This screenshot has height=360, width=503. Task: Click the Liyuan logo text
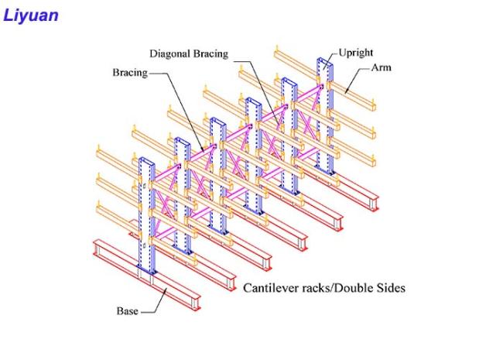coord(31,16)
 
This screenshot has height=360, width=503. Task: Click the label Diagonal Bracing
coord(189,53)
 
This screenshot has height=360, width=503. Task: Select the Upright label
coord(356,53)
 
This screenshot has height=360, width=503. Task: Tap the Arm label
coord(381,67)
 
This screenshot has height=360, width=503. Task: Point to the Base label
coord(128,311)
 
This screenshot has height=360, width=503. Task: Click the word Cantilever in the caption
coord(271,288)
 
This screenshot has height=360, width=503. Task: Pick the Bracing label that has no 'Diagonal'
coord(130,73)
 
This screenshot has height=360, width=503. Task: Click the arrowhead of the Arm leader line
coord(346,92)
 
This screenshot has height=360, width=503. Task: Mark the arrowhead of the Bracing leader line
coord(202,149)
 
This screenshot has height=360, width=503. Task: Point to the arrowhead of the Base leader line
coord(166,290)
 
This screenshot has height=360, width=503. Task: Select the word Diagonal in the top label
coord(170,53)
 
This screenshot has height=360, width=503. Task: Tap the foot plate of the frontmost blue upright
coord(147,270)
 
